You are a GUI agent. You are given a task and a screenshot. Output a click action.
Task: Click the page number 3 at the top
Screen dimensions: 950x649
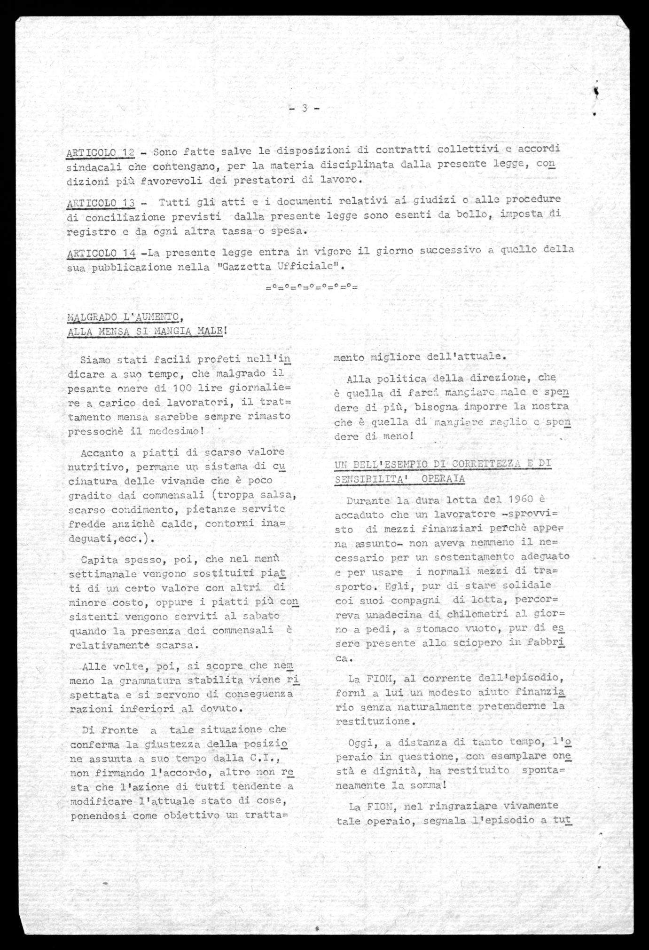point(305,109)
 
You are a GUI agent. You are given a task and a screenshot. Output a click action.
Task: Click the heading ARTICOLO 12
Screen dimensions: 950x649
point(101,152)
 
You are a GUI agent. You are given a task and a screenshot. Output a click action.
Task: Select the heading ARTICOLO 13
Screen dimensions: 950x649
point(101,203)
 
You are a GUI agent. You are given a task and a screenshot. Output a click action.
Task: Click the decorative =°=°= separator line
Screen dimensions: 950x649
point(312,286)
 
